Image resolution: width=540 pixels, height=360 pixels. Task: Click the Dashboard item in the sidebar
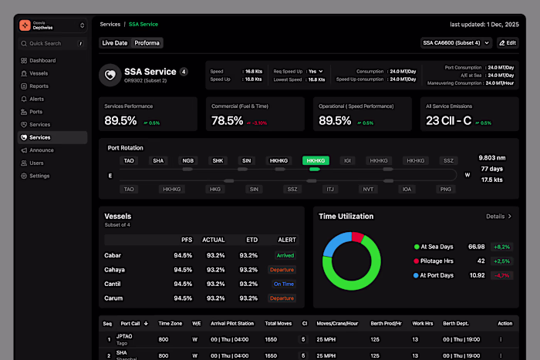pos(42,60)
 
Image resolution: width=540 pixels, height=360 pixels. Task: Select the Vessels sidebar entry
pos(39,73)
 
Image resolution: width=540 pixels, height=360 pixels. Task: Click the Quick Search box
pos(52,43)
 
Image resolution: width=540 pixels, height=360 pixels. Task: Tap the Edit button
pos(508,43)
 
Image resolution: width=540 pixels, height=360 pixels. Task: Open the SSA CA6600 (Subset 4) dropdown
pos(455,43)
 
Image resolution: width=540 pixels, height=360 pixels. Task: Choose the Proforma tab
pos(147,43)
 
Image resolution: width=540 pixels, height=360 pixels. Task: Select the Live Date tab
pos(115,43)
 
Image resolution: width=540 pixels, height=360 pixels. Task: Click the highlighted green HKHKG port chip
pos(316,161)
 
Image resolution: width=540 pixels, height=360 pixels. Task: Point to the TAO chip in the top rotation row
pos(129,161)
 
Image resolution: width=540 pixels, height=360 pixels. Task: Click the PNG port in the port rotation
pos(445,189)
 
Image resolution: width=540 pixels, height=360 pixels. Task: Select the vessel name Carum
pos(113,298)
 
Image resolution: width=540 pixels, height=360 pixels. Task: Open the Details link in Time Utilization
pos(498,217)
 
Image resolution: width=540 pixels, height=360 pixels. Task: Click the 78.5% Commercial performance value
pos(228,121)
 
